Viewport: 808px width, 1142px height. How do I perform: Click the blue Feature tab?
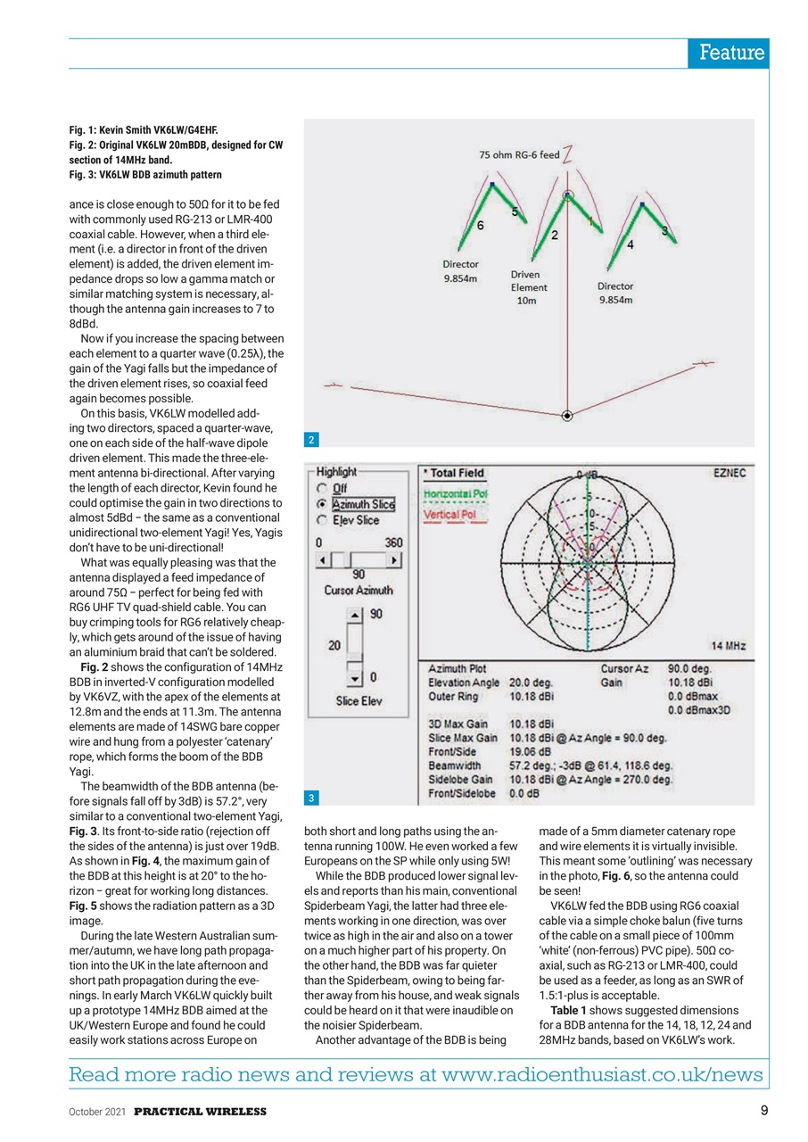(x=730, y=54)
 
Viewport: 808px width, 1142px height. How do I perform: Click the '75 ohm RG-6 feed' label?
(x=518, y=155)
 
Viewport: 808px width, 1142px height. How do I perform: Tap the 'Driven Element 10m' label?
(x=529, y=287)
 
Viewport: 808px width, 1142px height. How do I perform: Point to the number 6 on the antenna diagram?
(x=480, y=227)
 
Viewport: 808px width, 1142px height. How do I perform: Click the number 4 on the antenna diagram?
(x=631, y=244)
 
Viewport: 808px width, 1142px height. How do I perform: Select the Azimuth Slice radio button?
(x=320, y=505)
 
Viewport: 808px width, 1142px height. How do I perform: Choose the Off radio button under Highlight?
(x=320, y=489)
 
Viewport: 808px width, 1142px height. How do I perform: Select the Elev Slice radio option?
(x=320, y=520)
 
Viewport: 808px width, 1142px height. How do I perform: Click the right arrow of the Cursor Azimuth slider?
(x=393, y=559)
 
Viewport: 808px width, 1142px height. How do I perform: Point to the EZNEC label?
(x=730, y=475)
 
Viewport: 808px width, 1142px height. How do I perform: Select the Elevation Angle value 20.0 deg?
(x=532, y=683)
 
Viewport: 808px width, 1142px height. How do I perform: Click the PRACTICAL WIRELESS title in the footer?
(x=201, y=1112)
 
